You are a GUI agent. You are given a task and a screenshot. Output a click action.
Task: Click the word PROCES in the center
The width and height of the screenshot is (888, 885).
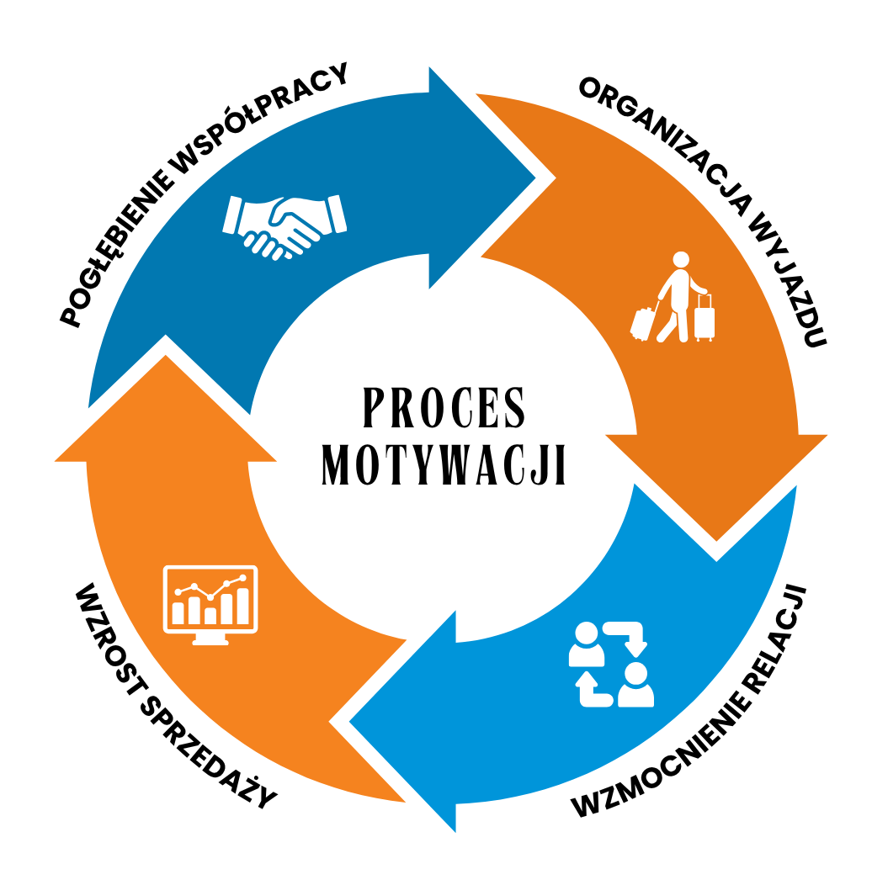tap(444, 407)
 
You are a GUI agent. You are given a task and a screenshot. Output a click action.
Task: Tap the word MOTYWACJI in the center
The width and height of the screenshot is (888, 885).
tap(444, 464)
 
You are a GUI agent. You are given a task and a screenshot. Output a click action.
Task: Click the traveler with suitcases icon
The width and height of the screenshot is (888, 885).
tap(673, 298)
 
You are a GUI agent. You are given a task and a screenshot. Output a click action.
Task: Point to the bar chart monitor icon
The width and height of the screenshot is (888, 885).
tap(210, 605)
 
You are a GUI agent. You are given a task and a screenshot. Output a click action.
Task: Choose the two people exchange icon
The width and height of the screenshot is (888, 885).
tap(611, 665)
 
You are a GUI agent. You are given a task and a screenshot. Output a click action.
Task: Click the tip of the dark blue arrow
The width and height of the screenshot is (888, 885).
tap(534, 178)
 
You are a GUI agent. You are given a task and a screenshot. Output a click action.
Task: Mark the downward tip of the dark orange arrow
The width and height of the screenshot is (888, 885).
tap(716, 540)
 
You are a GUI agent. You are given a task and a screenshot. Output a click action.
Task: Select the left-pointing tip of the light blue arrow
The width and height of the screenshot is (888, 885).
tap(350, 722)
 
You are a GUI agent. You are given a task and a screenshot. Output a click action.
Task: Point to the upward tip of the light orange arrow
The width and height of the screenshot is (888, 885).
tap(165, 356)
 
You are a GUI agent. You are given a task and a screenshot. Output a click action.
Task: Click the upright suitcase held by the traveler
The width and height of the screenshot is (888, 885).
tap(705, 318)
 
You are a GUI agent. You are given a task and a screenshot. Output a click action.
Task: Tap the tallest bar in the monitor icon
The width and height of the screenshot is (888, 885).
tap(242, 606)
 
